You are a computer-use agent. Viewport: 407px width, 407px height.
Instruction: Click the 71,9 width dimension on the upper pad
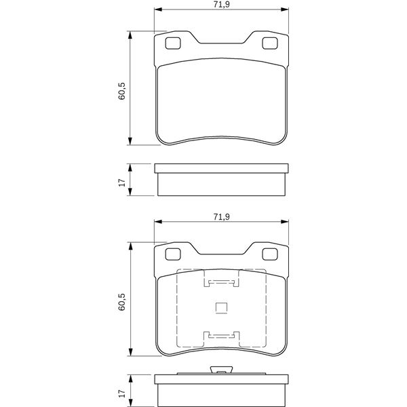point(221,5)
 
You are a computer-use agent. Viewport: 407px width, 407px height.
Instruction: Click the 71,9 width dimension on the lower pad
point(221,217)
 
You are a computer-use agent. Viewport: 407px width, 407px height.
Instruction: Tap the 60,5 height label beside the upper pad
point(121,91)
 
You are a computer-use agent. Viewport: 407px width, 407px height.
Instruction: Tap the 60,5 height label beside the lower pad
point(121,302)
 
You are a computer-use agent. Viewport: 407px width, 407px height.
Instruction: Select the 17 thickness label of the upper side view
point(121,182)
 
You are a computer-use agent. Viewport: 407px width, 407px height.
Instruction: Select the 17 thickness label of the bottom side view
point(121,393)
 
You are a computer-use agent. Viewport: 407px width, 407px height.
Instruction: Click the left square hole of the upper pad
point(173,43)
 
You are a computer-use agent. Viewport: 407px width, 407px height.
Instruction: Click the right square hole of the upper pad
point(270,43)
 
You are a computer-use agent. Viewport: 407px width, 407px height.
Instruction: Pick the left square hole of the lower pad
point(173,254)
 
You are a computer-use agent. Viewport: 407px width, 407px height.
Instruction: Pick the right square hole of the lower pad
point(270,254)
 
